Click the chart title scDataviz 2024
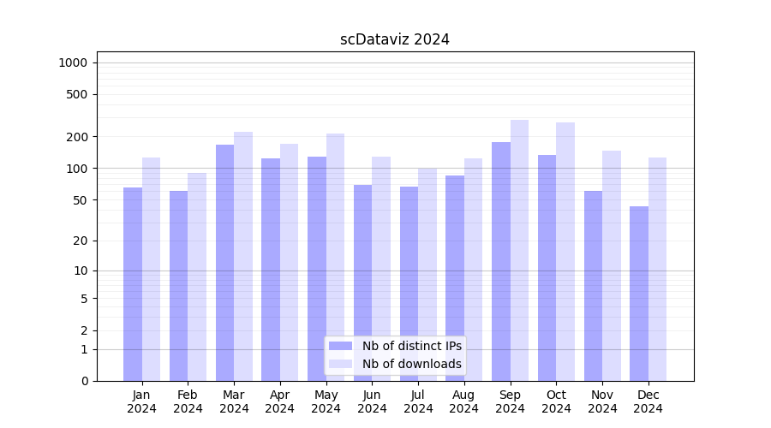(x=395, y=39)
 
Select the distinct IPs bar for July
(x=409, y=283)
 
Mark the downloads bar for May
(x=335, y=257)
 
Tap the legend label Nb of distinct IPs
(x=411, y=346)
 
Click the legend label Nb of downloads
(x=411, y=364)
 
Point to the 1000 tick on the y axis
(x=73, y=62)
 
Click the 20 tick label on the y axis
(x=81, y=241)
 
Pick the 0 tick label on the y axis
(x=85, y=381)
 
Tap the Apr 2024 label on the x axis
(x=280, y=401)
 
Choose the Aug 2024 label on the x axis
(x=464, y=401)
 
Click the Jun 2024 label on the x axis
(x=372, y=401)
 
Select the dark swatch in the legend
(x=341, y=346)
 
